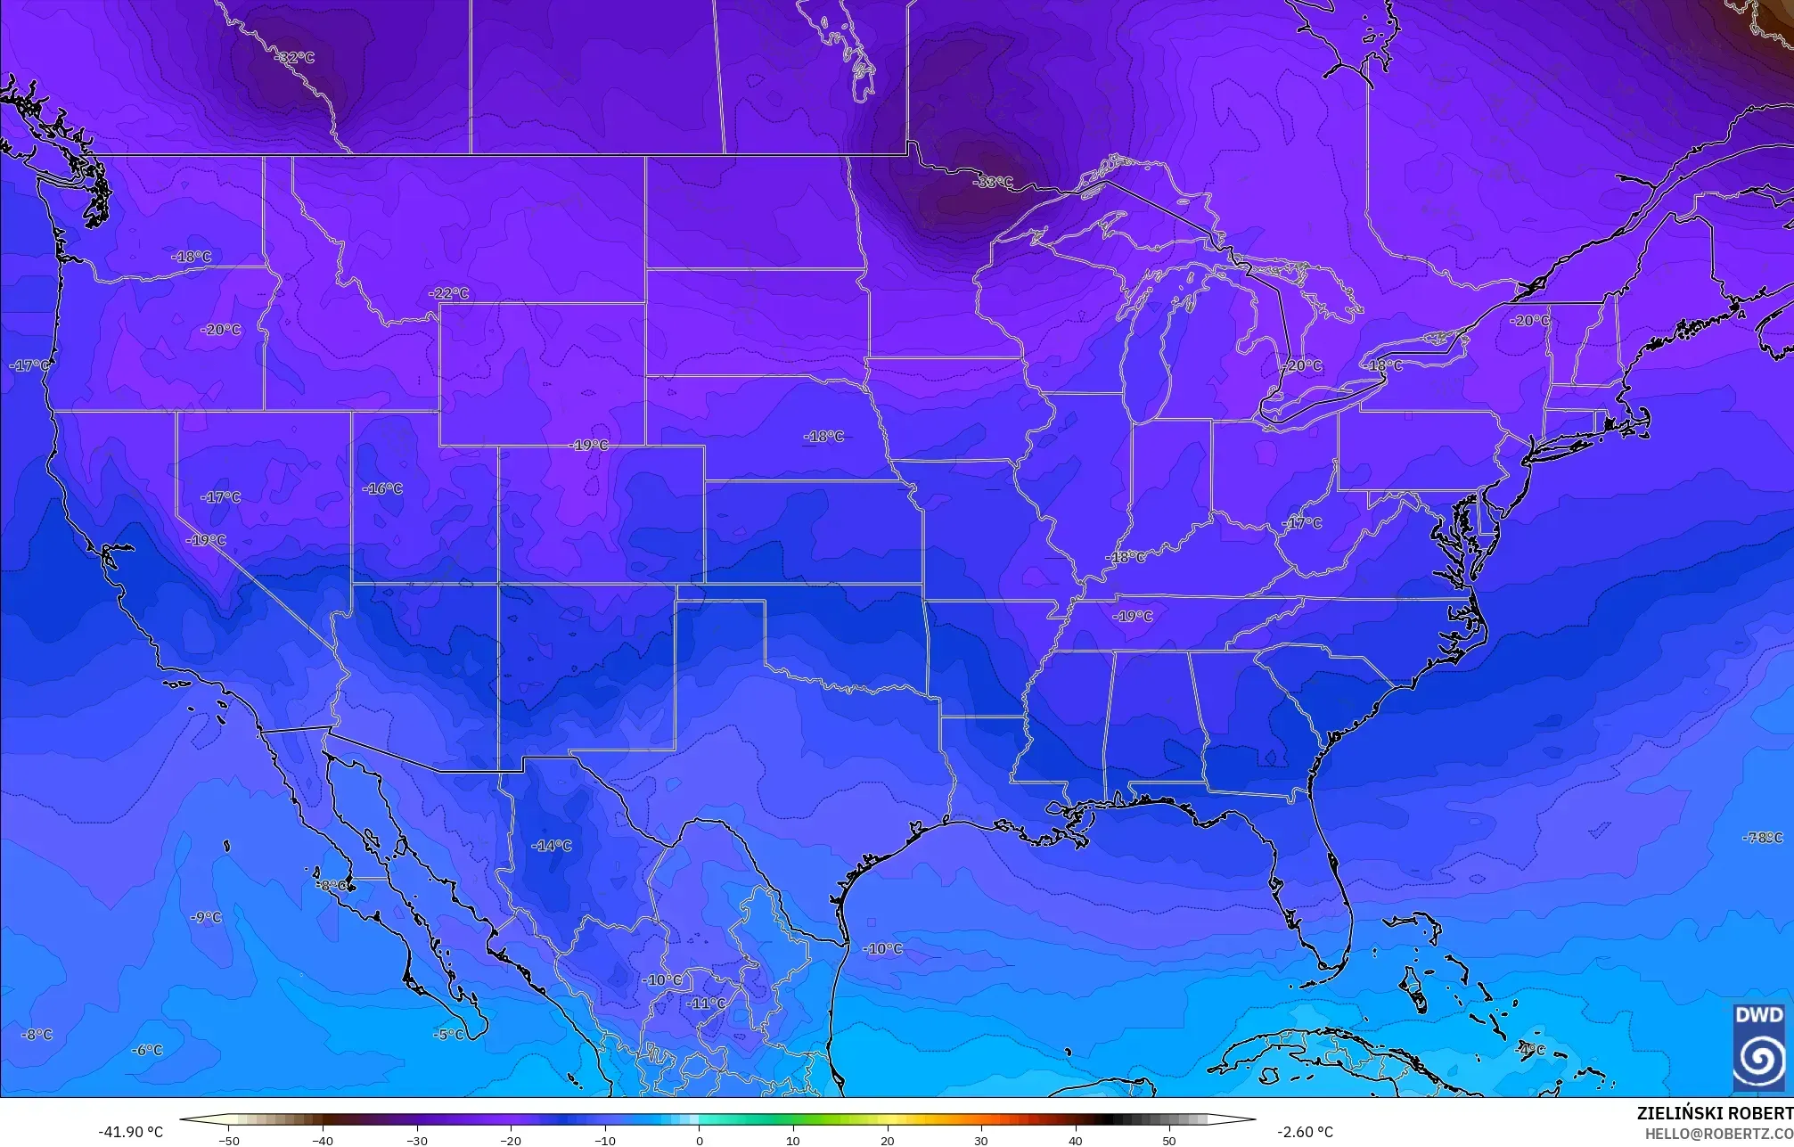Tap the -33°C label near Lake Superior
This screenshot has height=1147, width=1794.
[993, 182]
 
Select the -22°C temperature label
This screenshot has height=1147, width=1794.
[448, 293]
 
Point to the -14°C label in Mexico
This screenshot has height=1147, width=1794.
[552, 845]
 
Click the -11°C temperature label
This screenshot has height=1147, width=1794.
[706, 1003]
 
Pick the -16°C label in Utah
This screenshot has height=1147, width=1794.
[382, 488]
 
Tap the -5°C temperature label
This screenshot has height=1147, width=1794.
[448, 1034]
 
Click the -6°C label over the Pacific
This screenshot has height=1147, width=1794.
[147, 1050]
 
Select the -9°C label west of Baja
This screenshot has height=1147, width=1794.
[206, 916]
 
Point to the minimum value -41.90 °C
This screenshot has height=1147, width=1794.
[130, 1132]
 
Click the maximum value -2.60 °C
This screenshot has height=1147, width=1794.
[1305, 1132]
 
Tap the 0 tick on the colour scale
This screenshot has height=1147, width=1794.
[699, 1140]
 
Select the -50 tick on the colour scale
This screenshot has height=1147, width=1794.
[229, 1140]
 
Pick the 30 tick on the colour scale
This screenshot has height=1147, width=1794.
[980, 1140]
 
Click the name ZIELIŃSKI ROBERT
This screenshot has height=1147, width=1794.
[1714, 1113]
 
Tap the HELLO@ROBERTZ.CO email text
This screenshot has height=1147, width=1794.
[1718, 1133]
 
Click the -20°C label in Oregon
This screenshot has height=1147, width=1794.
[221, 329]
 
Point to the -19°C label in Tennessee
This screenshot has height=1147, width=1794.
[1133, 616]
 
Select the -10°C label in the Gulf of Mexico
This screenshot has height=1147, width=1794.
[882, 948]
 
